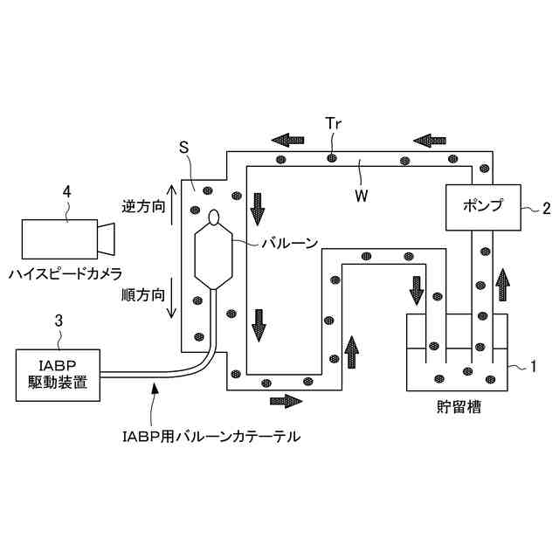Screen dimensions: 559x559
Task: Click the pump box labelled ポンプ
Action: point(485,207)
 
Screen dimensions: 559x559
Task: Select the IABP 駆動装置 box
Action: point(57,376)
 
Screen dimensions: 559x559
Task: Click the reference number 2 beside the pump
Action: point(547,208)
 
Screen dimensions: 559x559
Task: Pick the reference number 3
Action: point(58,321)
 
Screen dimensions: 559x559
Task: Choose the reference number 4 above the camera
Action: point(67,188)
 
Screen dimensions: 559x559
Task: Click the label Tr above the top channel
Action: point(333,124)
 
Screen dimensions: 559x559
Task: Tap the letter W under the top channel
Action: point(360,195)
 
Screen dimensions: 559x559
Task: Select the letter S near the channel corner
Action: point(183,148)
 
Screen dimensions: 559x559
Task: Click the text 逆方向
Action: point(142,209)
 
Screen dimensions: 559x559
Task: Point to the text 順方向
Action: point(142,295)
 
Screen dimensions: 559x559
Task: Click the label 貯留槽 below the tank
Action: point(458,407)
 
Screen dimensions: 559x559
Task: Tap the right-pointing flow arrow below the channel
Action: point(286,401)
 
